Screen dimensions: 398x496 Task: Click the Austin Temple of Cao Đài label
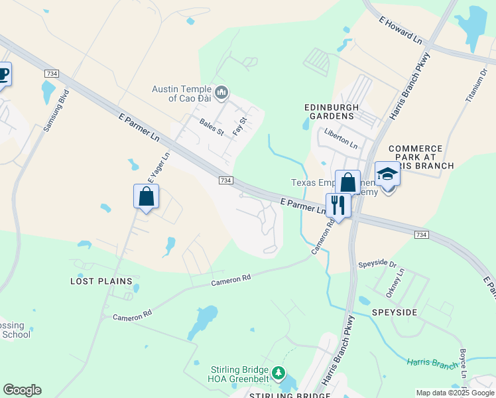coord(180,94)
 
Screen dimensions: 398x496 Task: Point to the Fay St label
coord(239,125)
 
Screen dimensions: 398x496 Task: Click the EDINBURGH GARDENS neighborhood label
coord(332,111)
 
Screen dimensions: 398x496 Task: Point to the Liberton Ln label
coord(341,141)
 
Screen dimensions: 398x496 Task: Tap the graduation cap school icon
coord(387,175)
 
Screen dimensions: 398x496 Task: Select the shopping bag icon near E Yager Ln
coord(146,196)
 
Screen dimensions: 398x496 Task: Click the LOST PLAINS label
coord(97,281)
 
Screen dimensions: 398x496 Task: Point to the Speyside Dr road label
coord(377,264)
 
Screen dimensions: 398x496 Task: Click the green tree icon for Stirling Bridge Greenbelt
coord(280,373)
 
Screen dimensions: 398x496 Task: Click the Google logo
coord(22,390)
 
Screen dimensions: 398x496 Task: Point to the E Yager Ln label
coord(158,168)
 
